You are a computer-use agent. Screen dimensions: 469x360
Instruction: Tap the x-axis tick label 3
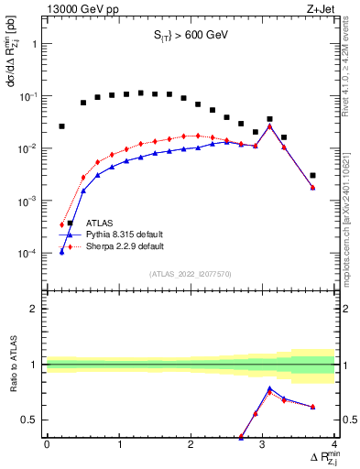(x=263, y=444)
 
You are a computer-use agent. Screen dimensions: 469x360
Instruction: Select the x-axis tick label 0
(x=47, y=444)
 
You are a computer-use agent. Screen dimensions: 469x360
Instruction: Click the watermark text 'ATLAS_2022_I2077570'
(x=191, y=273)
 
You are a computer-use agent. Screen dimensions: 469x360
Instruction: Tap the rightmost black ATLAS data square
(x=312, y=175)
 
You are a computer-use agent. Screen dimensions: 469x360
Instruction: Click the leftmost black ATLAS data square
(x=61, y=126)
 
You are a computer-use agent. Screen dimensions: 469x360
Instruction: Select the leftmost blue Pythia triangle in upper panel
(x=61, y=251)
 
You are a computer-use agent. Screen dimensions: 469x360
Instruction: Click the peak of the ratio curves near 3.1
(x=269, y=388)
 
